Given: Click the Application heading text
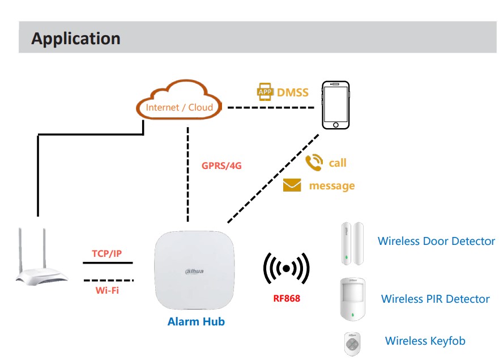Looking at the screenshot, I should (x=75, y=39).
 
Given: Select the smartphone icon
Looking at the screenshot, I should (x=335, y=105).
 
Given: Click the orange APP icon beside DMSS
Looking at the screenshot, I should (x=265, y=92).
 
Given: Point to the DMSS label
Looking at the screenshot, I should (x=293, y=92).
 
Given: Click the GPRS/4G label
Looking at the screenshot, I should (x=221, y=167).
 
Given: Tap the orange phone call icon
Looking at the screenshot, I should (x=313, y=163).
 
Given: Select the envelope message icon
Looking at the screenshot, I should (x=292, y=185).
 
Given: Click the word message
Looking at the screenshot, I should (x=332, y=186).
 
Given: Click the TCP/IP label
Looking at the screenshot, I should (x=107, y=253).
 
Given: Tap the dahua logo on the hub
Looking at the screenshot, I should (x=193, y=272).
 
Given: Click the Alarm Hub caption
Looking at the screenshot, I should (x=196, y=322).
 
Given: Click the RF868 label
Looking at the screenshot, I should (x=286, y=298).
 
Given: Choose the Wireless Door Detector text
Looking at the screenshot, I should (x=436, y=242).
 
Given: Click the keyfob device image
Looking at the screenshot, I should (x=352, y=343).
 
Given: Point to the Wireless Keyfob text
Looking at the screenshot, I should (x=425, y=341).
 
